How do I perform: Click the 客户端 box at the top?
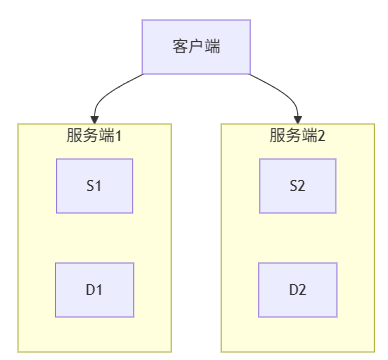click(195, 47)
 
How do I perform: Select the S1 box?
click(95, 185)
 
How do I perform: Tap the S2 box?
click(297, 185)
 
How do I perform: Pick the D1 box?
click(95, 290)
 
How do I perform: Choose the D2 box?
click(297, 290)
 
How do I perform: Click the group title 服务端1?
click(95, 135)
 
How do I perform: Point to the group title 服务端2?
click(297, 135)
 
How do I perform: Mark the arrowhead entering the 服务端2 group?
click(297, 118)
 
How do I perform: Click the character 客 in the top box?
click(180, 47)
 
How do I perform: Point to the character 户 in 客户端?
click(195, 47)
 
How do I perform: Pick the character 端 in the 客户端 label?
click(210, 47)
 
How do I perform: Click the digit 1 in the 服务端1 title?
click(118, 135)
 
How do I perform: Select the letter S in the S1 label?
click(91, 185)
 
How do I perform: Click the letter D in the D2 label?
click(293, 290)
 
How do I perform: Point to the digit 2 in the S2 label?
click(302, 185)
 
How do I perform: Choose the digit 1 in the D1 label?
click(100, 290)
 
